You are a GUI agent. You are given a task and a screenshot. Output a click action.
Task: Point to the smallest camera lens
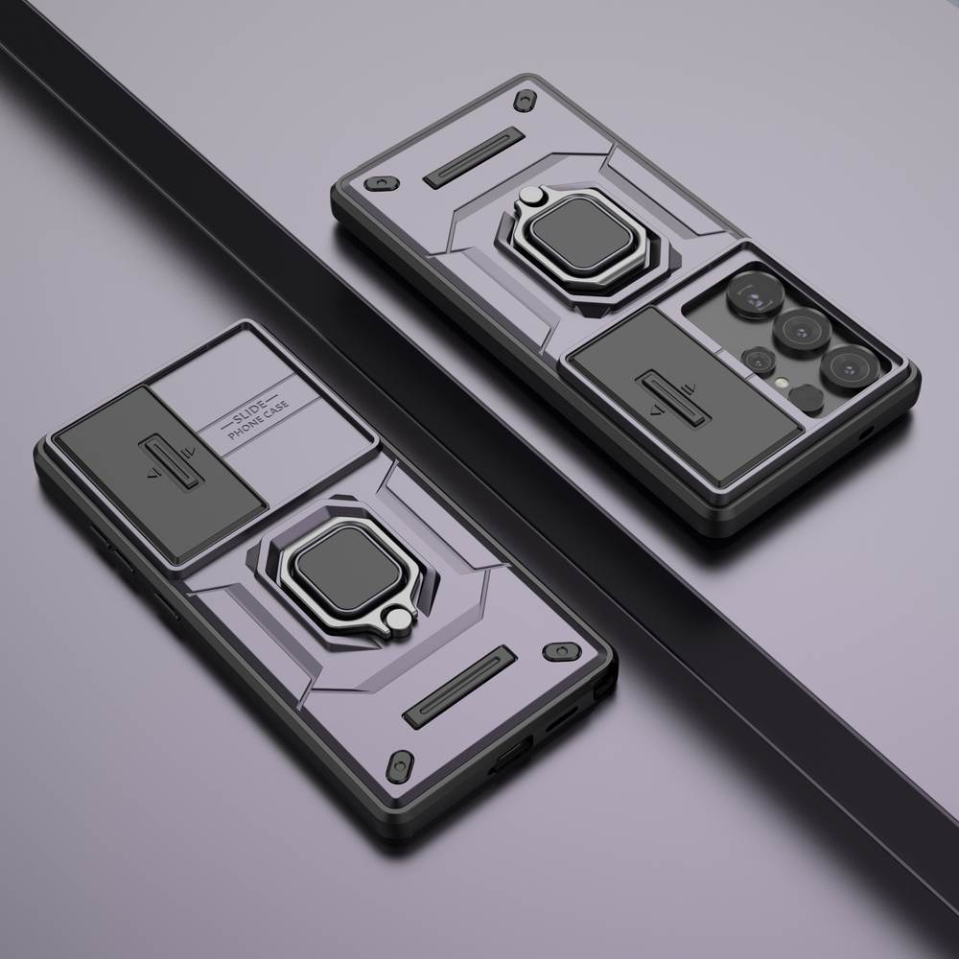pos(758,361)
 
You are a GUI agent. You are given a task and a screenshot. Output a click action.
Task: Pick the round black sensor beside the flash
pos(807,397)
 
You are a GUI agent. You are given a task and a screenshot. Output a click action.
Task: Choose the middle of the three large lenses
pos(802,329)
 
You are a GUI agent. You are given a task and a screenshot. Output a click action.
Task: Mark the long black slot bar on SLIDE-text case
pos(459,687)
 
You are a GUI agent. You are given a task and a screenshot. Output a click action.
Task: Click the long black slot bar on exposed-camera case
pos(474,156)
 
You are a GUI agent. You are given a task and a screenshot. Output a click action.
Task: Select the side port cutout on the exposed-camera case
pos(867,433)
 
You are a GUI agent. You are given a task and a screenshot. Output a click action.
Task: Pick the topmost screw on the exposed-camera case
pos(526,101)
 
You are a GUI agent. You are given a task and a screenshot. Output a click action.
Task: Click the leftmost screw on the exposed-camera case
pos(381,182)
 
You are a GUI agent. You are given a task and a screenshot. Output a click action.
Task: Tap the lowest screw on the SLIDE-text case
pos(400,765)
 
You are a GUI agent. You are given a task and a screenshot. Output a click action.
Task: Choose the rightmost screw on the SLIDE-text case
pos(562,652)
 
